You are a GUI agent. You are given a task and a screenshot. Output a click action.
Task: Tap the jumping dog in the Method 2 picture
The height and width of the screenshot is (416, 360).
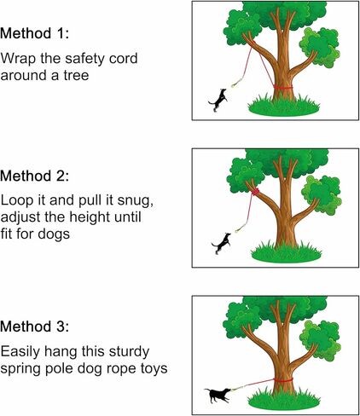click(x=222, y=243)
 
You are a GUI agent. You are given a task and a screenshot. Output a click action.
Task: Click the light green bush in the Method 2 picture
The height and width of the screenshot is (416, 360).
click(x=323, y=194)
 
